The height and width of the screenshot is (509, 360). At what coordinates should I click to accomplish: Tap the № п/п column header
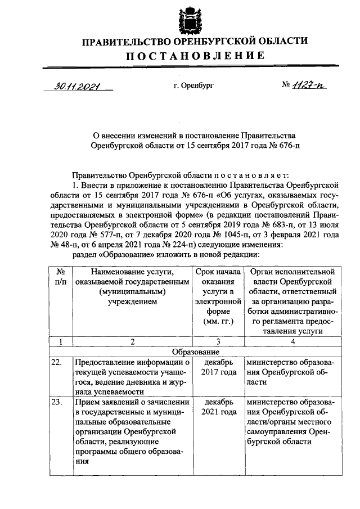pos(60,277)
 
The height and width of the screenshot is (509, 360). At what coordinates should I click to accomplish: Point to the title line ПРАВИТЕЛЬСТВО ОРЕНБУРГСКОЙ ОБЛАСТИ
pos(194,41)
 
